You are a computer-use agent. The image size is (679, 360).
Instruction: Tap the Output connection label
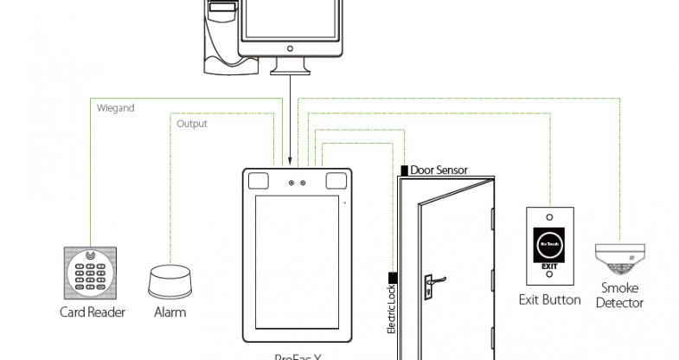(x=191, y=124)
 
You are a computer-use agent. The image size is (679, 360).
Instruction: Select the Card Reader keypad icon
(x=89, y=272)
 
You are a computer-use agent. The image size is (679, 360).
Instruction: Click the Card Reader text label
(x=92, y=312)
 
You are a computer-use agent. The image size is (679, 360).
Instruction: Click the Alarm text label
(x=170, y=312)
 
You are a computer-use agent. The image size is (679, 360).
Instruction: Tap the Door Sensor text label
(x=439, y=170)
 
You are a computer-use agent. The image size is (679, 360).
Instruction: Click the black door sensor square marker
(x=404, y=170)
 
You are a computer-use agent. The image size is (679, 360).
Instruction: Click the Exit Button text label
(x=549, y=299)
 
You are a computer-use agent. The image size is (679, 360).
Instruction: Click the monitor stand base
(x=290, y=67)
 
